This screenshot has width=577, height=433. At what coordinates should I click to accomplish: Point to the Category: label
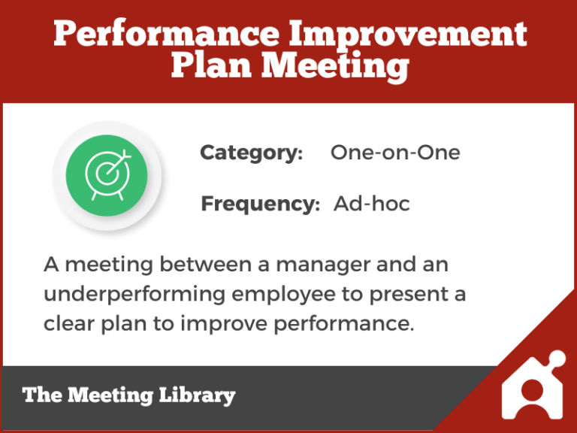click(251, 153)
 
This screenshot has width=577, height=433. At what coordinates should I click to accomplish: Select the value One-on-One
click(395, 153)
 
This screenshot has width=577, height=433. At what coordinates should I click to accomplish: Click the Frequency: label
click(260, 204)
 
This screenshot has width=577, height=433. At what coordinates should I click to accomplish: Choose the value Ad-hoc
click(372, 204)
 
